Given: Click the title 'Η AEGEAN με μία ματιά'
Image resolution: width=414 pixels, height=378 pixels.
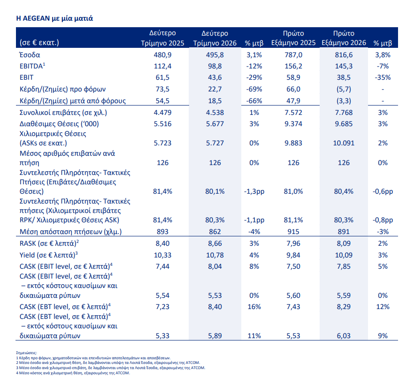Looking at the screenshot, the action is point(54,18).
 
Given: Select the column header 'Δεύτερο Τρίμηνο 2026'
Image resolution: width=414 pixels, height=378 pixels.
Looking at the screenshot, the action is point(215,38).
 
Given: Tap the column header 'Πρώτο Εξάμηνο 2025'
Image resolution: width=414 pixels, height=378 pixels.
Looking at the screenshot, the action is point(293,38).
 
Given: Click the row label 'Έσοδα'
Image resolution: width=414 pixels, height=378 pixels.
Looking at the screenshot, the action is point(30,55).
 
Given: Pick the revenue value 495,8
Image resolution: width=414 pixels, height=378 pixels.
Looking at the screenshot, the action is point(215,55).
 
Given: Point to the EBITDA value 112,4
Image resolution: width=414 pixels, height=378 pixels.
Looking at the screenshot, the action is point(162,66).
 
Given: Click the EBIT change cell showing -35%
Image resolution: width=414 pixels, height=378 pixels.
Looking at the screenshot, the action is point(383,77).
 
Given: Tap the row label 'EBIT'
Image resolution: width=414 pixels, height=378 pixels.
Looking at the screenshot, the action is point(26,77).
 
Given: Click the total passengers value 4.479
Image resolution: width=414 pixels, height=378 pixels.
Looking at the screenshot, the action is point(162,113).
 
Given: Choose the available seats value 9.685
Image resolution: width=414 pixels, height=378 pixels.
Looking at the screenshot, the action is point(344,124).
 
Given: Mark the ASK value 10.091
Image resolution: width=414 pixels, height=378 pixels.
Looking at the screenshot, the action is point(344,143).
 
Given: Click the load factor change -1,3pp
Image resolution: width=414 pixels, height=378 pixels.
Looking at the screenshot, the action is point(254,191).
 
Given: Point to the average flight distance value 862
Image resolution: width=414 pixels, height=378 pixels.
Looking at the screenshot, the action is point(215,232).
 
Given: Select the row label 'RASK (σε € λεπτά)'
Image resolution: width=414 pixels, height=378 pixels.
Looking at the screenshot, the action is point(49,243).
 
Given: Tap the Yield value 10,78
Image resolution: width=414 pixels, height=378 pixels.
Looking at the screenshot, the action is point(215,255).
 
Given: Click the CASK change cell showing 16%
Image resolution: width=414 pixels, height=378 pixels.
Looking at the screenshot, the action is point(254,307).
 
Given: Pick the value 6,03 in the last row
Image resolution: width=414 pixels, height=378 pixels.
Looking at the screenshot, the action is point(344,336).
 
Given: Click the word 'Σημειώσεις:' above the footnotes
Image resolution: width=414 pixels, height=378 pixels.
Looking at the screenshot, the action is point(26,353).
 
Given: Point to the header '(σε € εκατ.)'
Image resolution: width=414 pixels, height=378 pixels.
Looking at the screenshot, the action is point(39,43).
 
